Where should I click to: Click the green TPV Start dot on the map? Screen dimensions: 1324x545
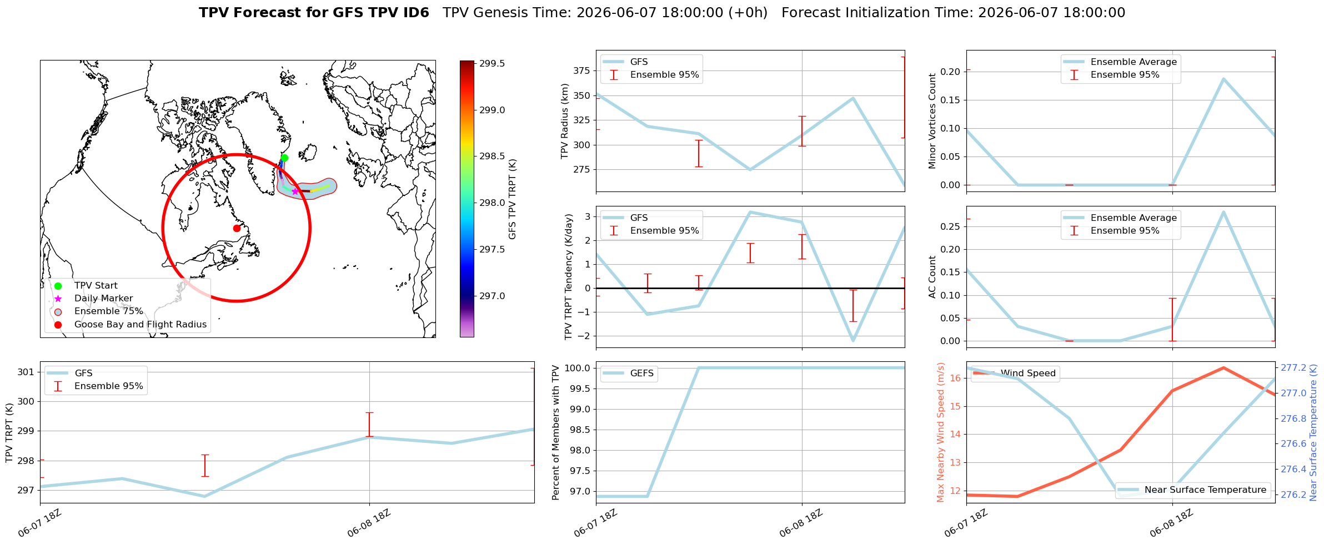click(284, 158)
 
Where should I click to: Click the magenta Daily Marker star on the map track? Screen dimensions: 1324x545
click(295, 191)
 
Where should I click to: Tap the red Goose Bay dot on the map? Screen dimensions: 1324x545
click(237, 228)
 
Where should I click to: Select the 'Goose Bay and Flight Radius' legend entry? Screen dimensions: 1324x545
click(141, 324)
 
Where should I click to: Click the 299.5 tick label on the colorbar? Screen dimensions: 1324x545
click(492, 64)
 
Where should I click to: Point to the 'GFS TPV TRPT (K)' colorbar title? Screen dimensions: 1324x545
click(512, 199)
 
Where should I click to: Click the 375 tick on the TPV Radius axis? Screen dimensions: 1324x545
click(581, 70)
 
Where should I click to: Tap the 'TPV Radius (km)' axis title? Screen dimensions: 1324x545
click(565, 121)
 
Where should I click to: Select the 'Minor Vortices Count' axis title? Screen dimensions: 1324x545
click(932, 121)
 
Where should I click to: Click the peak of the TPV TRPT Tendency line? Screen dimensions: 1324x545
click(750, 212)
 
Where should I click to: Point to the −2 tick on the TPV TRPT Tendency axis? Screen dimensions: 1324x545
click(585, 336)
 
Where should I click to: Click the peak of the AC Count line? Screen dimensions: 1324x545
click(1223, 212)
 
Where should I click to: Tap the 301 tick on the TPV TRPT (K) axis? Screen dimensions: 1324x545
click(26, 372)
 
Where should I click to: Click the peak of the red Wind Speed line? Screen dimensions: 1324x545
click(1223, 368)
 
